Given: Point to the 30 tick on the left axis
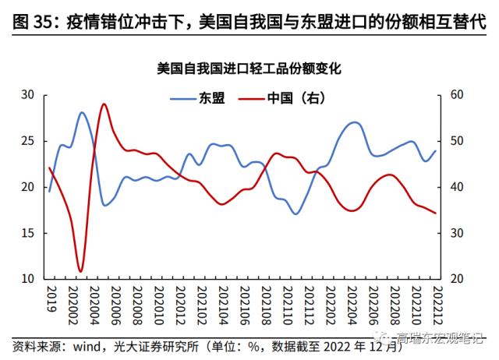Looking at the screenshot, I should click(28, 94).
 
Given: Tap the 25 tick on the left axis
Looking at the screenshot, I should click(28, 141).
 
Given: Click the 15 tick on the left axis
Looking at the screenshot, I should click(28, 233).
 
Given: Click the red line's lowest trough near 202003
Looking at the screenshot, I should click(80, 271).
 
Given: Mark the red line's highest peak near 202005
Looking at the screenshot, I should click(104, 104).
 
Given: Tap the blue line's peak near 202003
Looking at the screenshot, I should click(83, 112).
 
